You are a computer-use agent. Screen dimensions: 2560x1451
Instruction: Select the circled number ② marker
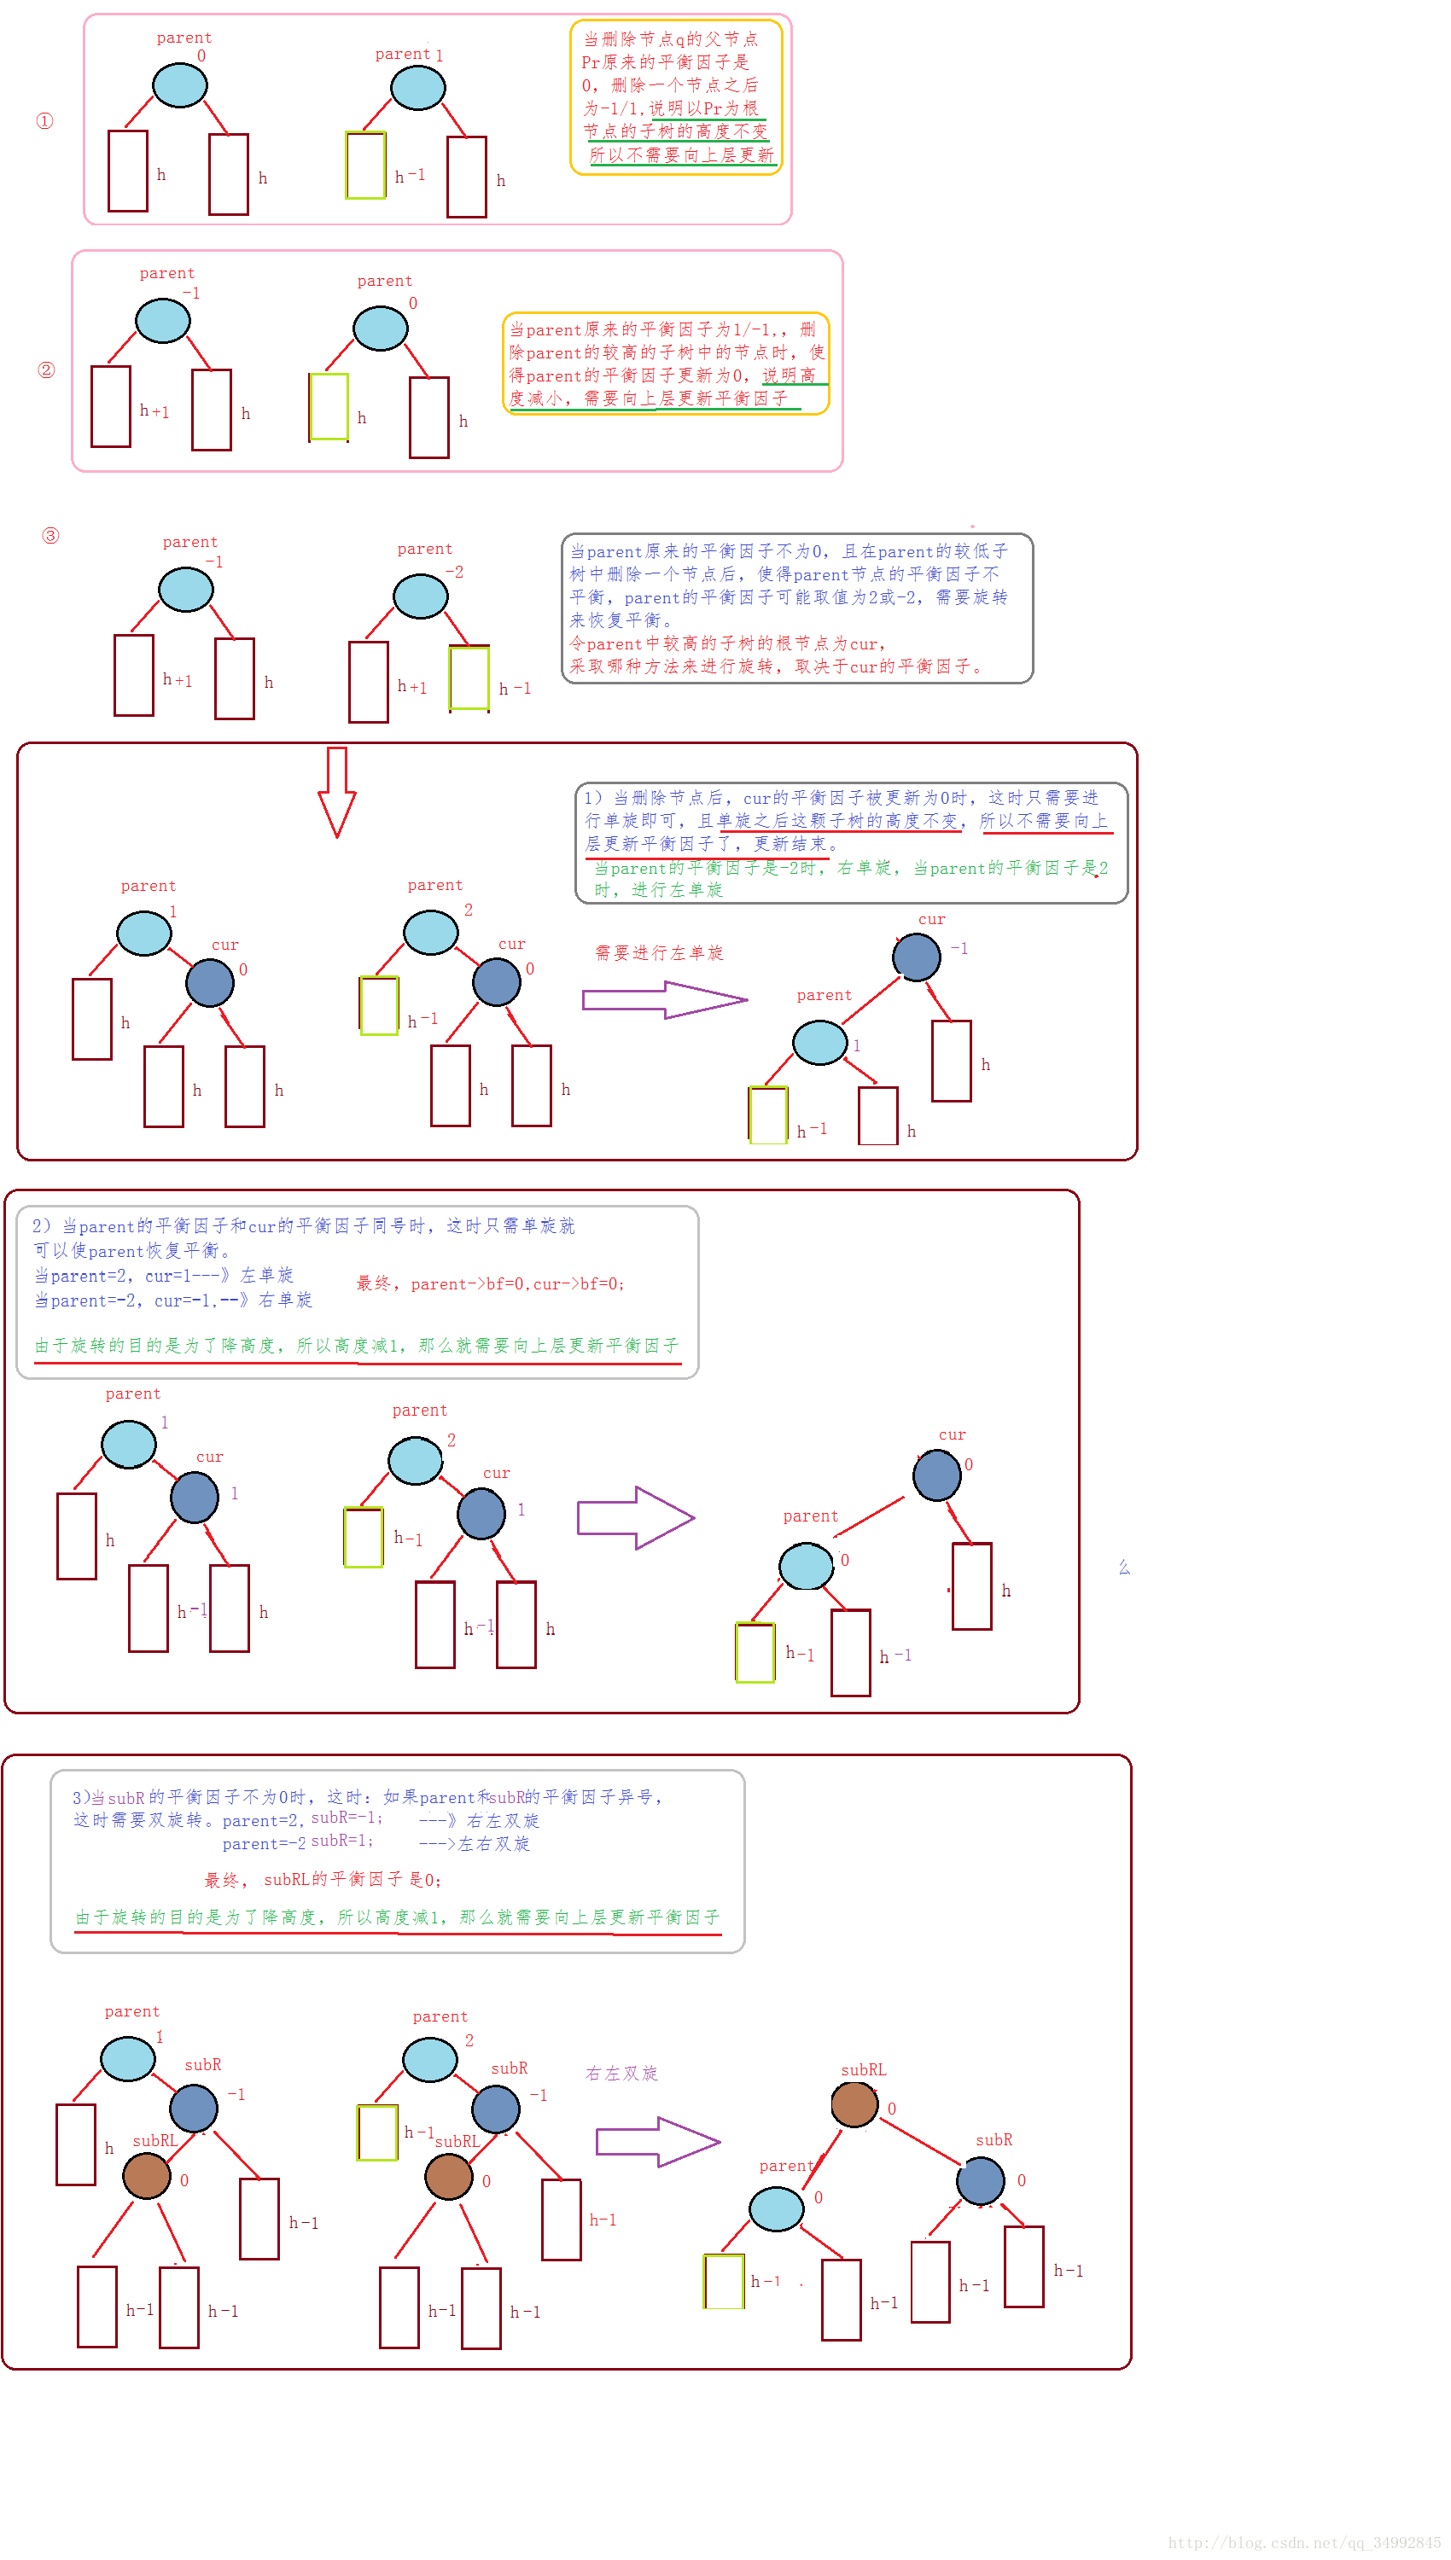coord(46,370)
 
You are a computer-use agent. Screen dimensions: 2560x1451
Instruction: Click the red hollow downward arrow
coord(337,791)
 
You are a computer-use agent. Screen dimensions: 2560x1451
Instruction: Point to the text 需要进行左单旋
coord(659,953)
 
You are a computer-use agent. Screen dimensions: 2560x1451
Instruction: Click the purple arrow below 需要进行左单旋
coord(664,999)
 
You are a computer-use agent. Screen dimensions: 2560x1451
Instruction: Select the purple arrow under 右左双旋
coord(658,2142)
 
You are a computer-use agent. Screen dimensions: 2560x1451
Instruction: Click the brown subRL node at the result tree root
coord(854,2105)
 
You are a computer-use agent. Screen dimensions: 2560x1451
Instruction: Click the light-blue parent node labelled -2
coord(421,596)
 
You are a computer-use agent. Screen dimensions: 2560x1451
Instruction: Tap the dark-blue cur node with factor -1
coord(916,957)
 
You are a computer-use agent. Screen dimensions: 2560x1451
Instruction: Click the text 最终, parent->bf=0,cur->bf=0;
coord(490,1284)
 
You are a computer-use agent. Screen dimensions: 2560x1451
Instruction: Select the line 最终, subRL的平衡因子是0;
coord(323,1880)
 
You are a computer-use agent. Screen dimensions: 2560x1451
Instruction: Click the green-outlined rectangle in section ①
coord(366,166)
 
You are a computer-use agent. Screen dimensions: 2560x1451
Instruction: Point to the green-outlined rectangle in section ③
coord(469,678)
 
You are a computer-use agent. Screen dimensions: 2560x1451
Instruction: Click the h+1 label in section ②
coord(154,410)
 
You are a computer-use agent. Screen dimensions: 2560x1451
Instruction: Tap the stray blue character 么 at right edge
coord(1124,1568)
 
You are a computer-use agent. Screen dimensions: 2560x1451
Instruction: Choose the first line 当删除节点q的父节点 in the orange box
coord(671,39)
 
